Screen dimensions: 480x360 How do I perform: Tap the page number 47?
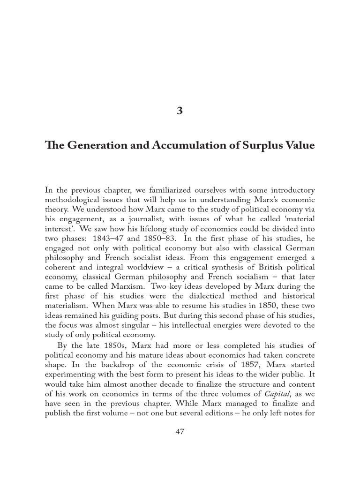tap(180, 431)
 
